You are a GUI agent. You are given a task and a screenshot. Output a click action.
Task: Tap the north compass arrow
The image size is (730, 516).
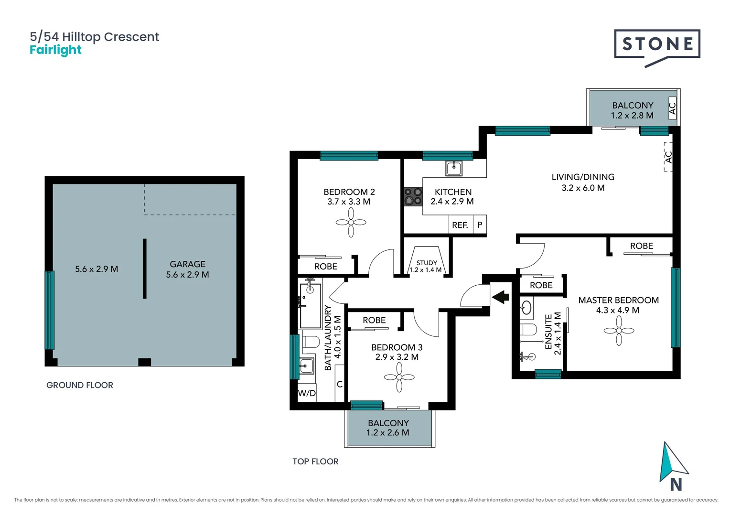click(672, 463)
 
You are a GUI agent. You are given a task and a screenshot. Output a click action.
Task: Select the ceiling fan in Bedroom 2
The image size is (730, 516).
click(351, 222)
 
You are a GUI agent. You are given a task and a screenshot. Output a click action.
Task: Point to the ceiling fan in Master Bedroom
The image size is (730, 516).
click(619, 331)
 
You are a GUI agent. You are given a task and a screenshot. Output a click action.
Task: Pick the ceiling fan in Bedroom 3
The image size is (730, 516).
click(399, 377)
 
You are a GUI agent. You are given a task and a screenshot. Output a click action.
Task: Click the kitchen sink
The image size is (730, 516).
click(453, 168)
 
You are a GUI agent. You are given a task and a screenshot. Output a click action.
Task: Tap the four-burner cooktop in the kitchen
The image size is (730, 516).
click(413, 196)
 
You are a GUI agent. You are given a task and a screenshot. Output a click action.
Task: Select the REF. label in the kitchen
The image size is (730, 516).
click(460, 225)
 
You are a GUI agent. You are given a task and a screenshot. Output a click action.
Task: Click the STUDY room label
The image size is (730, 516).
click(426, 263)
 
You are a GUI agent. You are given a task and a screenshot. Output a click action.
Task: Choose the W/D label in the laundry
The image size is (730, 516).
click(307, 393)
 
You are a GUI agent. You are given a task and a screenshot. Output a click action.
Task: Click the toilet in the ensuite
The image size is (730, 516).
click(528, 329)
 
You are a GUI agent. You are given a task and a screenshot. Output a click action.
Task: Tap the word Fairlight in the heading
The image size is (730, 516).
click(55, 50)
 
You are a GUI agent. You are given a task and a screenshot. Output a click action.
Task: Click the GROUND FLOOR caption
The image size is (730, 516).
click(80, 385)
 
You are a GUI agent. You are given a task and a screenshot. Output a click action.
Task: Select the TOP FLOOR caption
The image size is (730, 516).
click(315, 462)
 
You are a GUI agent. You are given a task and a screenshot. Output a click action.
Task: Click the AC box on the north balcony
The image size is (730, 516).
click(672, 108)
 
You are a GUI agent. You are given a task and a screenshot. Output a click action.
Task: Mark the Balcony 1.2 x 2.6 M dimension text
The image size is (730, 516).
click(387, 433)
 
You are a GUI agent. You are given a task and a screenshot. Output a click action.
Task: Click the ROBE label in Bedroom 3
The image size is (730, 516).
click(374, 320)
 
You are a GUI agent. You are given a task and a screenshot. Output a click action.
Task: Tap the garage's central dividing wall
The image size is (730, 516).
click(144, 269)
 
